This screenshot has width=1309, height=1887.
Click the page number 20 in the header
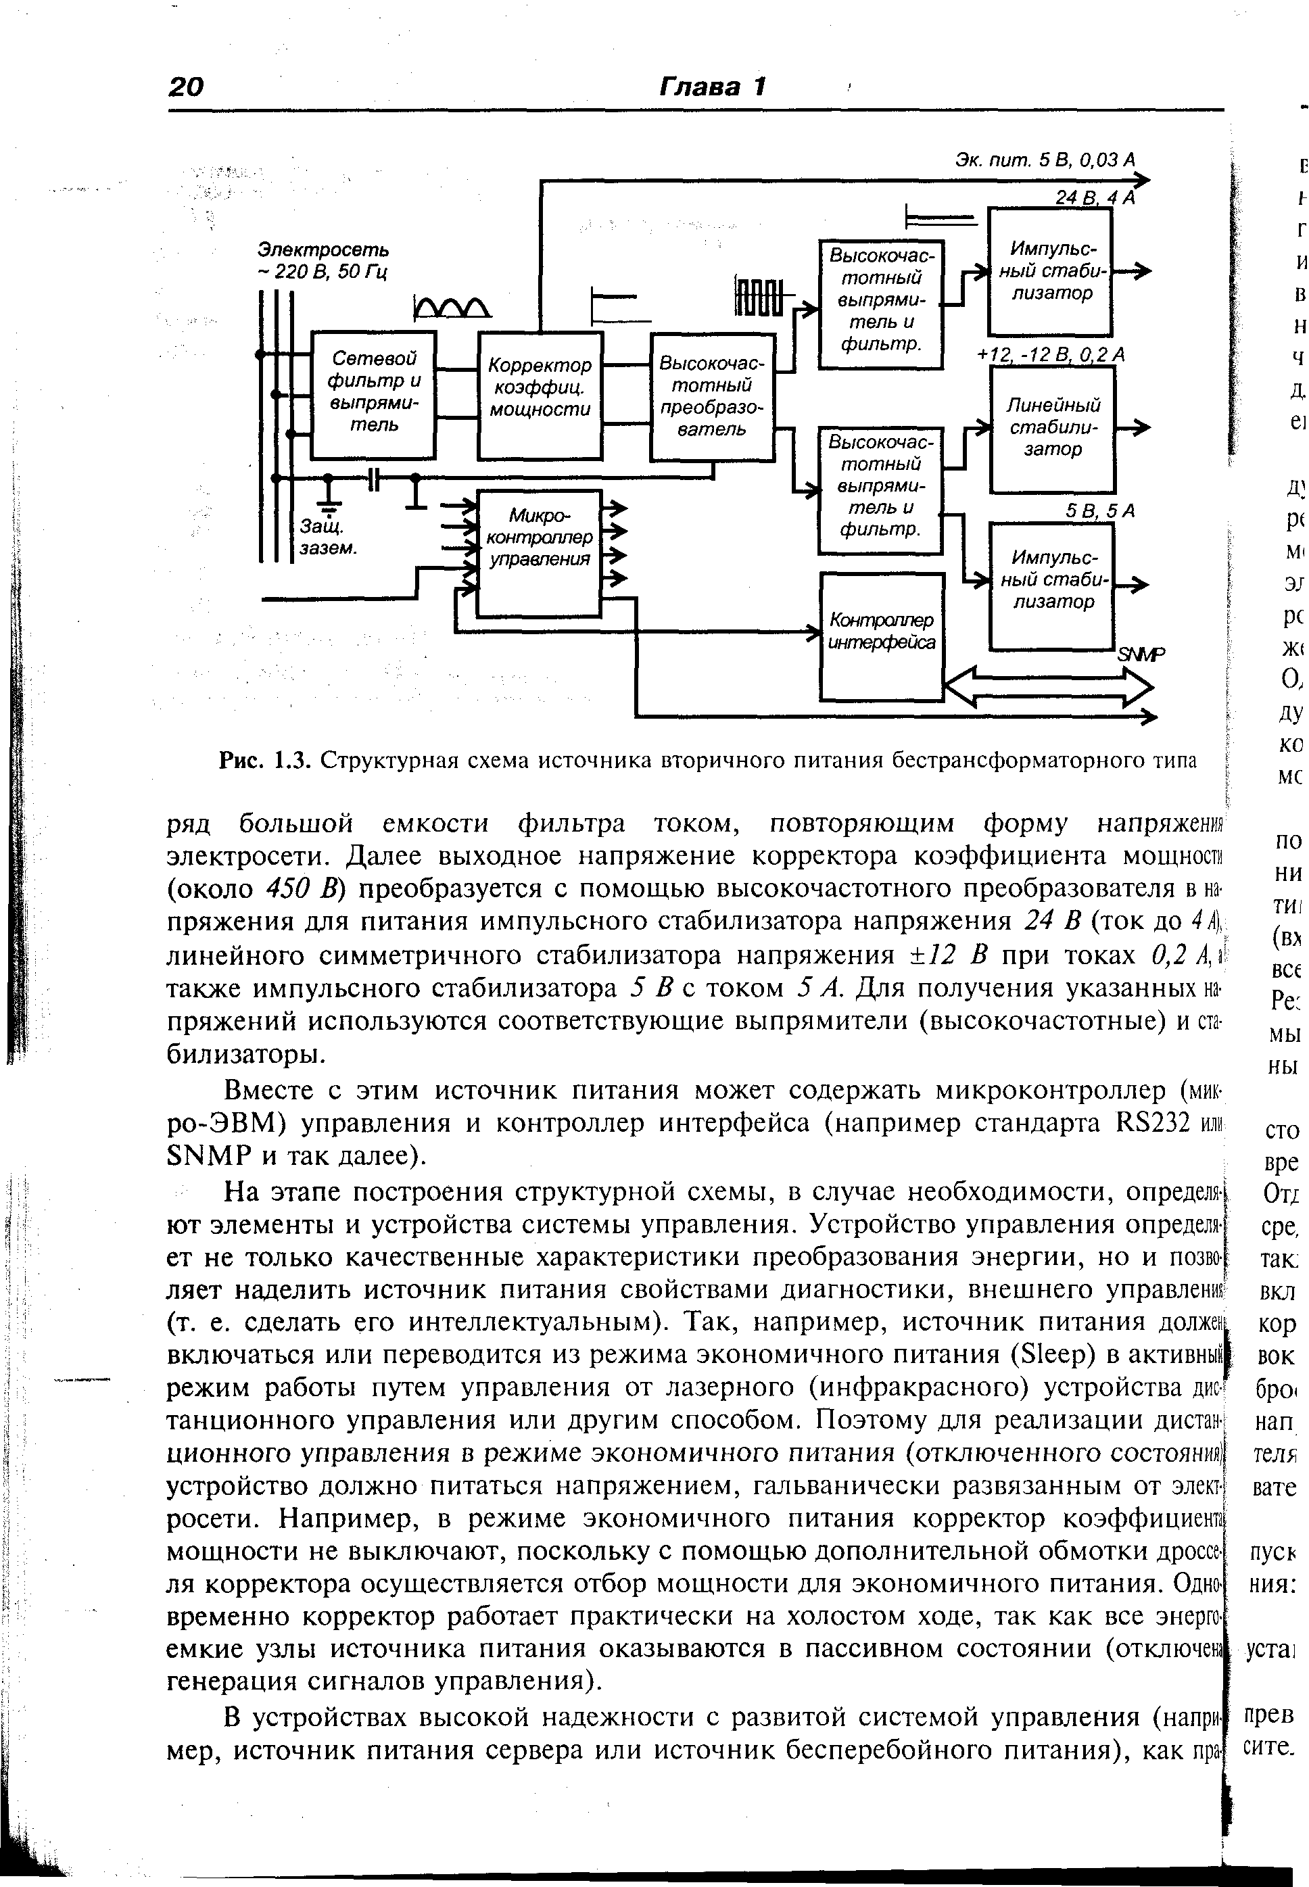(x=186, y=86)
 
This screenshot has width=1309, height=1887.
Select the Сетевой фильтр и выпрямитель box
(x=373, y=394)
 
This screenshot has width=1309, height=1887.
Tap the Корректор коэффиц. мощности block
(x=540, y=396)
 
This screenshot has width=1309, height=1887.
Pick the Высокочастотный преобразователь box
(x=712, y=397)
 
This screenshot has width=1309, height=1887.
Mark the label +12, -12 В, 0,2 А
(x=1051, y=355)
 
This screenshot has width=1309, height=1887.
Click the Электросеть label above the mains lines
(x=324, y=249)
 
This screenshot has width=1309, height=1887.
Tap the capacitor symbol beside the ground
(x=373, y=478)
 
